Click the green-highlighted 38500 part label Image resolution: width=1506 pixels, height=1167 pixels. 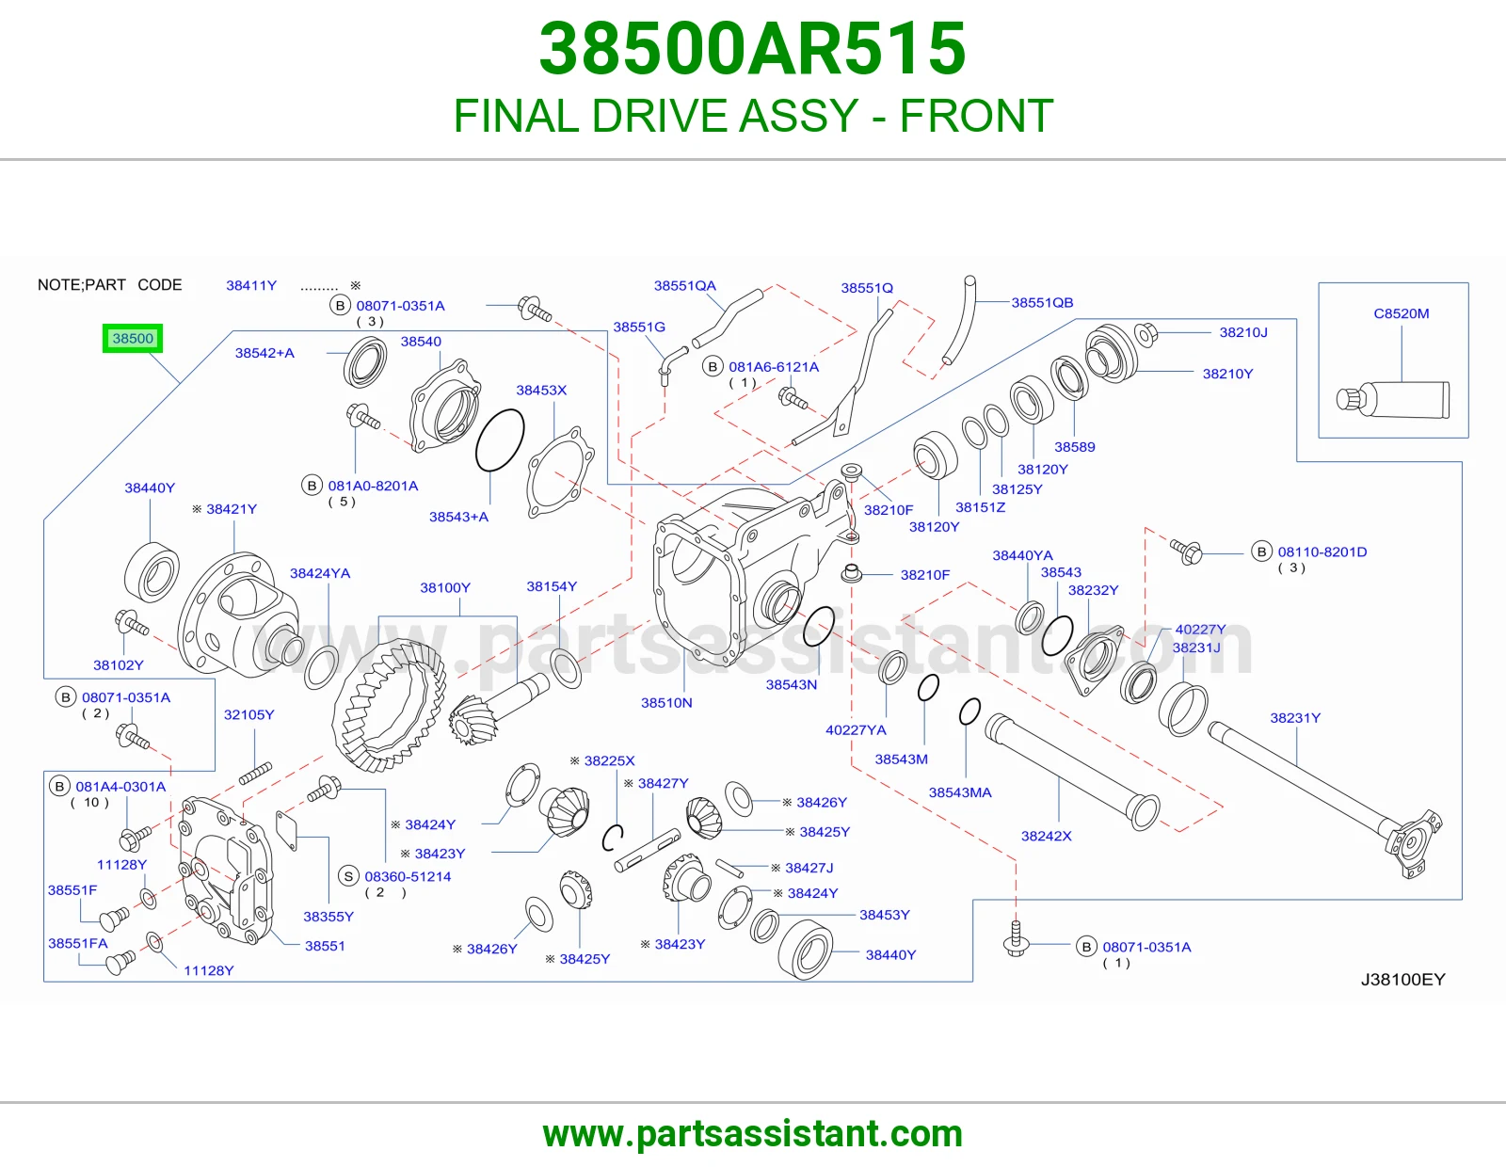pyautogui.click(x=133, y=338)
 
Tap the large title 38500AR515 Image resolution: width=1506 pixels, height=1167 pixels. pyautogui.click(x=753, y=49)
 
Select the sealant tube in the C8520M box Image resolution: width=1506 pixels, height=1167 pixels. pyautogui.click(x=1392, y=399)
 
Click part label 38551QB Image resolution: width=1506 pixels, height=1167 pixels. pyautogui.click(x=1042, y=302)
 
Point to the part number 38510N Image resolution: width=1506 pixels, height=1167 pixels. pyautogui.click(x=666, y=703)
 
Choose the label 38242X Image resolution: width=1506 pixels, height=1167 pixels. pyautogui.click(x=1046, y=836)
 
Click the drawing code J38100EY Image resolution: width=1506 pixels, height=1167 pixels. pyautogui.click(x=1402, y=979)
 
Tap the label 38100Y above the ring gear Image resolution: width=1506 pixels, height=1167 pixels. pyautogui.click(x=445, y=587)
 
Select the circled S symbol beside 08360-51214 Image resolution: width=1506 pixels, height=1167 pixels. pyautogui.click(x=348, y=876)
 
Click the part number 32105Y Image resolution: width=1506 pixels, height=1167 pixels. pyautogui.click(x=248, y=714)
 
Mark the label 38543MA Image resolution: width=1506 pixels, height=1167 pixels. pyautogui.click(x=960, y=792)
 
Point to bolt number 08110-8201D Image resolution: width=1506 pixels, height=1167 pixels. pyautogui.click(x=1322, y=552)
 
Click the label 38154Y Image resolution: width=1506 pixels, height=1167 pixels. pyautogui.click(x=552, y=586)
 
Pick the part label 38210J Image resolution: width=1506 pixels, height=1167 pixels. pyautogui.click(x=1243, y=332)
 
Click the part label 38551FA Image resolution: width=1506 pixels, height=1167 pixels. pyautogui.click(x=77, y=943)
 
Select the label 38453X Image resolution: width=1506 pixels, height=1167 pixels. pyautogui.click(x=541, y=391)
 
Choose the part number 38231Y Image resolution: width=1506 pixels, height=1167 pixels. pyautogui.click(x=1295, y=718)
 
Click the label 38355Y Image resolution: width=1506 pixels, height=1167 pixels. pyautogui.click(x=328, y=916)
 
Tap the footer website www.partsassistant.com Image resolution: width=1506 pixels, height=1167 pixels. pyautogui.click(x=753, y=1134)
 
